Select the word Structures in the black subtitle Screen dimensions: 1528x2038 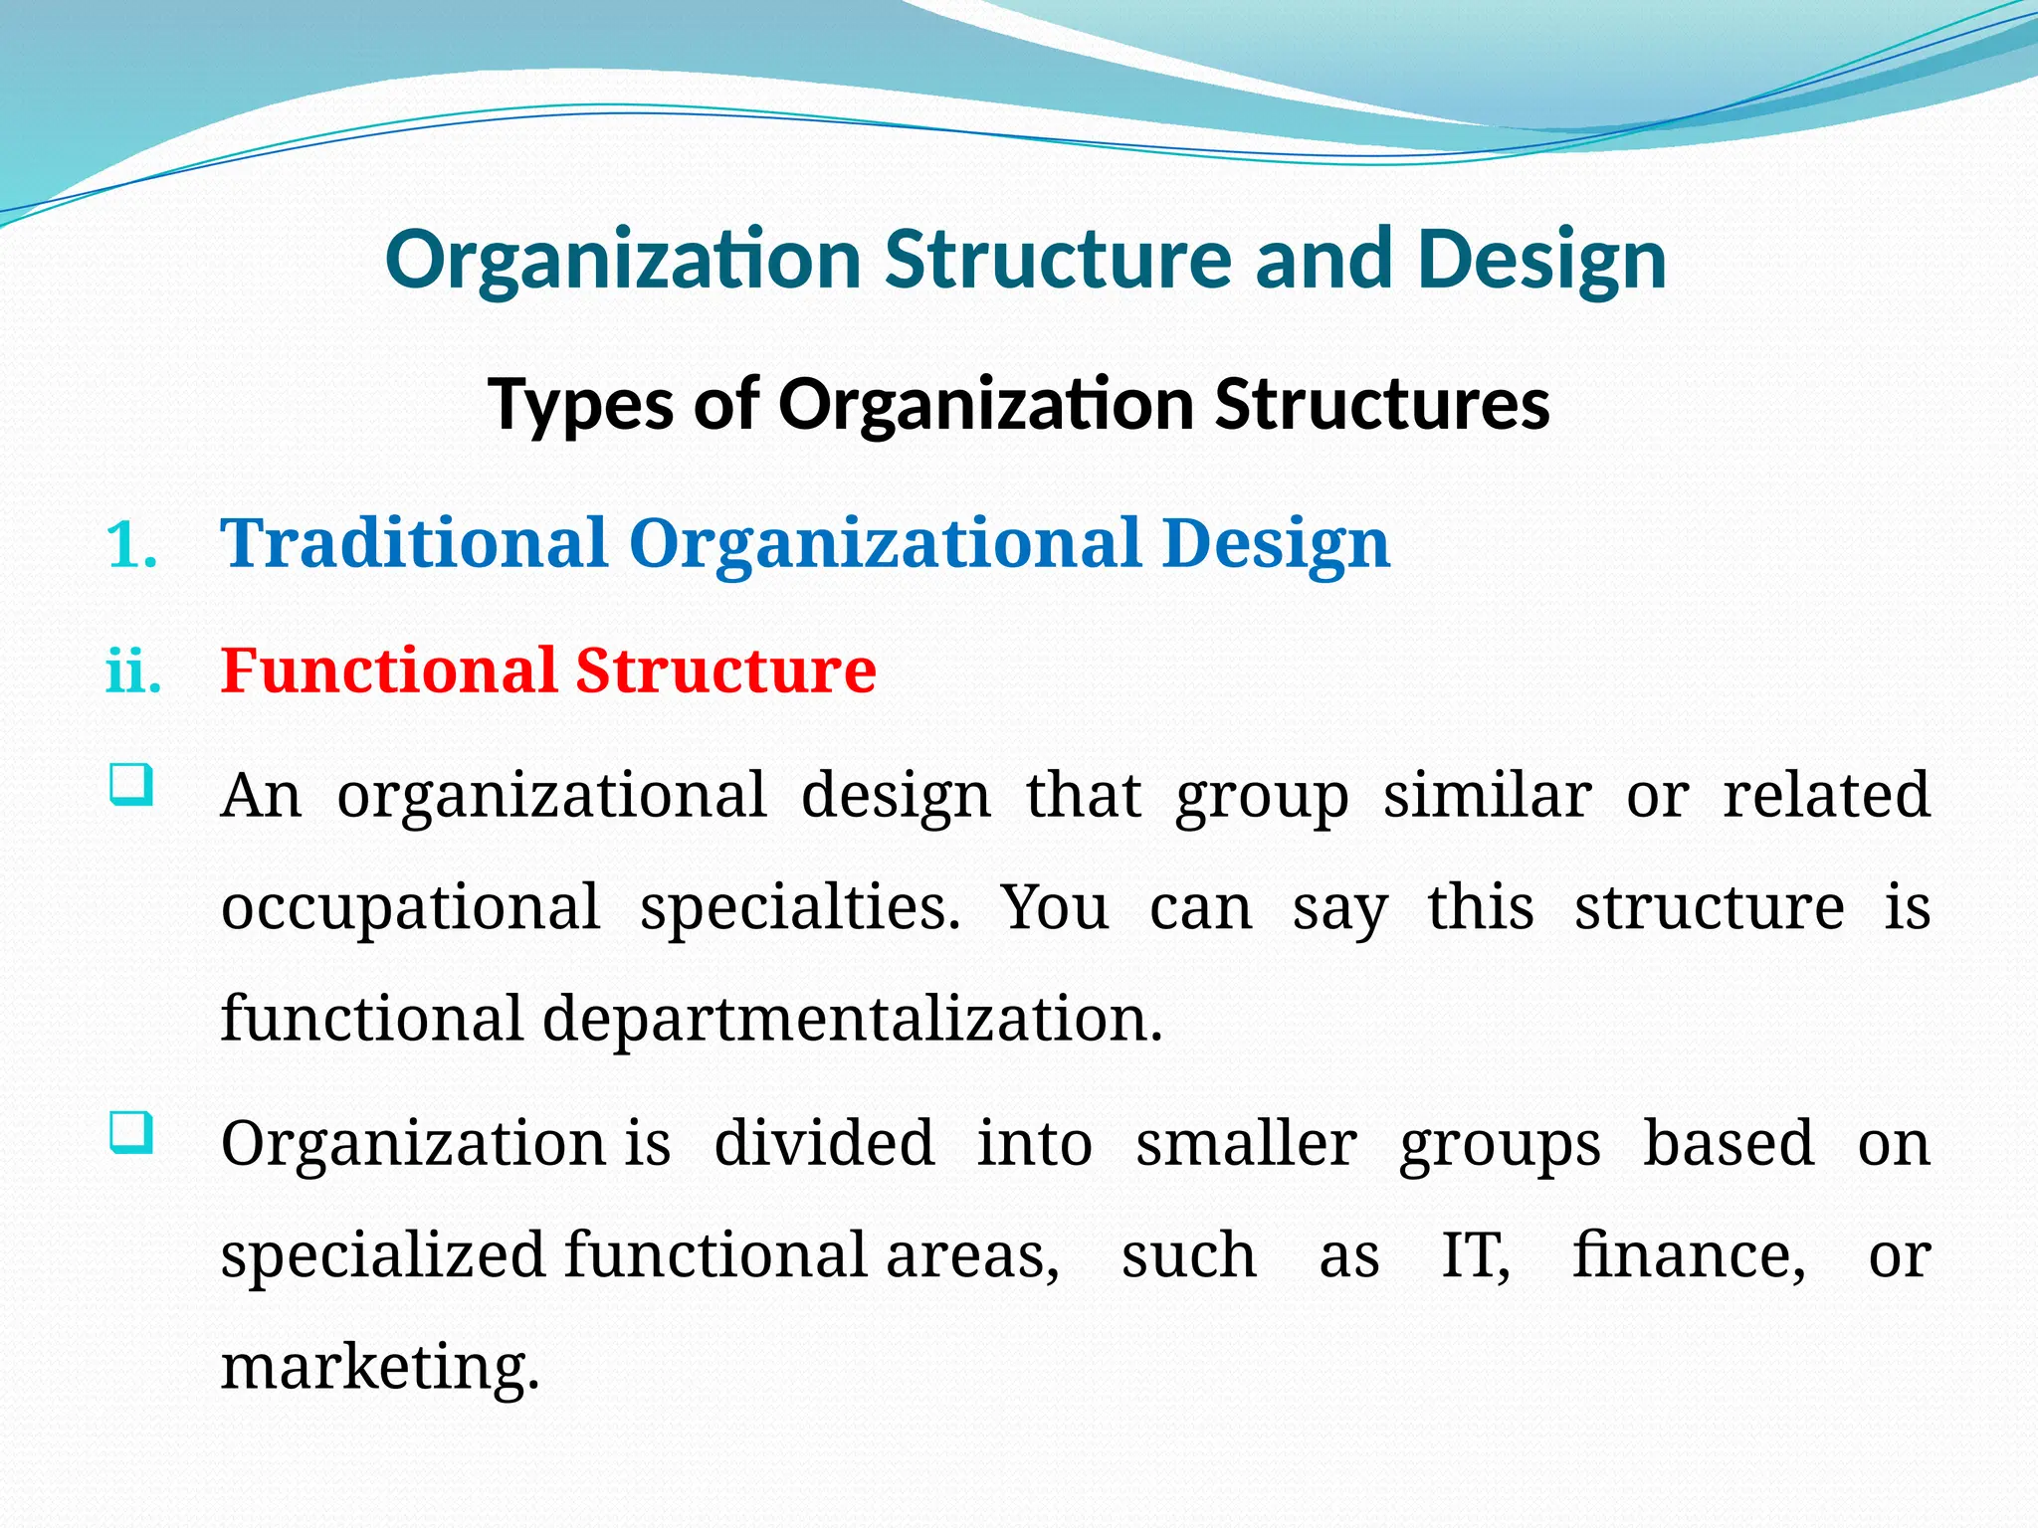(1382, 405)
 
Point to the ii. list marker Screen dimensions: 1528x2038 (133, 672)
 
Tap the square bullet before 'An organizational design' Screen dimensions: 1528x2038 (131, 784)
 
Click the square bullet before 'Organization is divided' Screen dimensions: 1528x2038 (131, 1133)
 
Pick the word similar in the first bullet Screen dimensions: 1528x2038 (1487, 796)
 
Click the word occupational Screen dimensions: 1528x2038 (410, 909)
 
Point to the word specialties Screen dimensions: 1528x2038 (800, 909)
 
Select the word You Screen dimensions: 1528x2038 (1054, 907)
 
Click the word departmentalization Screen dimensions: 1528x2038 (852, 1020)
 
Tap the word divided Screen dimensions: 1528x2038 (824, 1144)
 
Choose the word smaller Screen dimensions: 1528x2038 (1246, 1144)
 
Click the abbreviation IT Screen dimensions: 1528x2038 (1475, 1255)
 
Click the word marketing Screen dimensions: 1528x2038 (380, 1368)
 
